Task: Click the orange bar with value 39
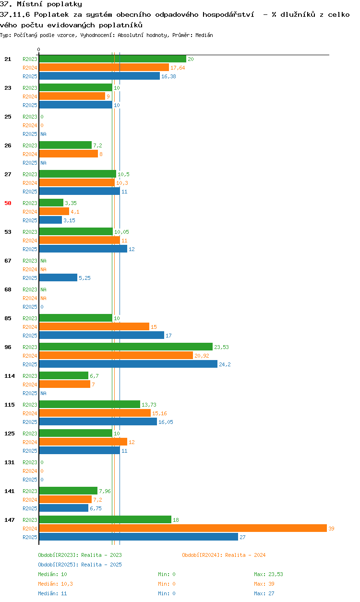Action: (x=183, y=528)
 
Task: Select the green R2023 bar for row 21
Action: (x=113, y=59)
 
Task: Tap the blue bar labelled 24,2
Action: (x=128, y=364)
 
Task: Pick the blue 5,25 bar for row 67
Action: (x=58, y=277)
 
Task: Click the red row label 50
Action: (x=8, y=203)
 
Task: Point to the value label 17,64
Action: (x=178, y=68)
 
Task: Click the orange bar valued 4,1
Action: (x=54, y=212)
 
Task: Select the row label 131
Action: (x=10, y=462)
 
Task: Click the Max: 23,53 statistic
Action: (x=268, y=574)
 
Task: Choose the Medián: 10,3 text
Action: (x=55, y=584)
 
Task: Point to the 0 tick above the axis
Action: (x=39, y=49)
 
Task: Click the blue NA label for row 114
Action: (x=43, y=393)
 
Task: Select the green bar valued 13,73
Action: (x=89, y=404)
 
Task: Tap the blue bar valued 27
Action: (x=139, y=537)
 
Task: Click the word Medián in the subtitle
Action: (x=204, y=35)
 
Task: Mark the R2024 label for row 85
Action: (x=30, y=327)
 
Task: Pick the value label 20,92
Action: (x=202, y=356)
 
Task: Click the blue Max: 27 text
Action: (x=264, y=593)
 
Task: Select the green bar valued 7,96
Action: (x=68, y=491)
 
